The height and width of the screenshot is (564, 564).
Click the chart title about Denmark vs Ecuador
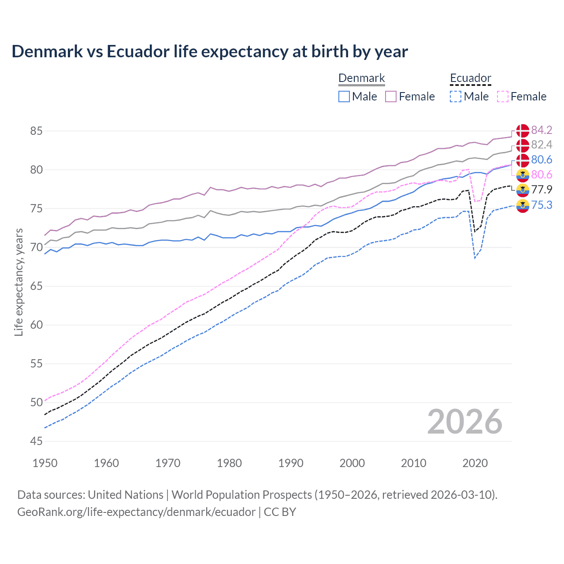point(210,52)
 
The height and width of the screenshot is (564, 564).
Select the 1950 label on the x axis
point(45,463)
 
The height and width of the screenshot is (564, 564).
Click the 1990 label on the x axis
point(291,463)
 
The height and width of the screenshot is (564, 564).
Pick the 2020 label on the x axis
point(475,463)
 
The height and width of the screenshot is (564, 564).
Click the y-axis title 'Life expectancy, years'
point(19,282)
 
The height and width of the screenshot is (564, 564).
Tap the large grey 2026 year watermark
point(464,422)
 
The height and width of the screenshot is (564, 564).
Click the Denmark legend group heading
point(361,78)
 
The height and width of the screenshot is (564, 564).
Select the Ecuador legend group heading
point(470,78)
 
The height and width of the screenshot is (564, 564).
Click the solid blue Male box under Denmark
point(344,96)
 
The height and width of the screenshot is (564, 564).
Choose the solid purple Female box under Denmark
point(391,96)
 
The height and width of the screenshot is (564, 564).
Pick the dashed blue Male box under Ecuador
point(456,96)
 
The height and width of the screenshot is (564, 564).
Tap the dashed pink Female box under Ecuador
point(502,96)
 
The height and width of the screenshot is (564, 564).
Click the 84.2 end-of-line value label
point(542,130)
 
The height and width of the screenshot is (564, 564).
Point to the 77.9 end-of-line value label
point(542,189)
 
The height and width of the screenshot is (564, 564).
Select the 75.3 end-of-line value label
point(542,205)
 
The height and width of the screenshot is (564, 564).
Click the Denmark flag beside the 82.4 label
point(523,145)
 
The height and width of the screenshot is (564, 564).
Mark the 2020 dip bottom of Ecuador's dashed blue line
point(475,258)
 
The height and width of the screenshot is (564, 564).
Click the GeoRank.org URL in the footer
point(136,512)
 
